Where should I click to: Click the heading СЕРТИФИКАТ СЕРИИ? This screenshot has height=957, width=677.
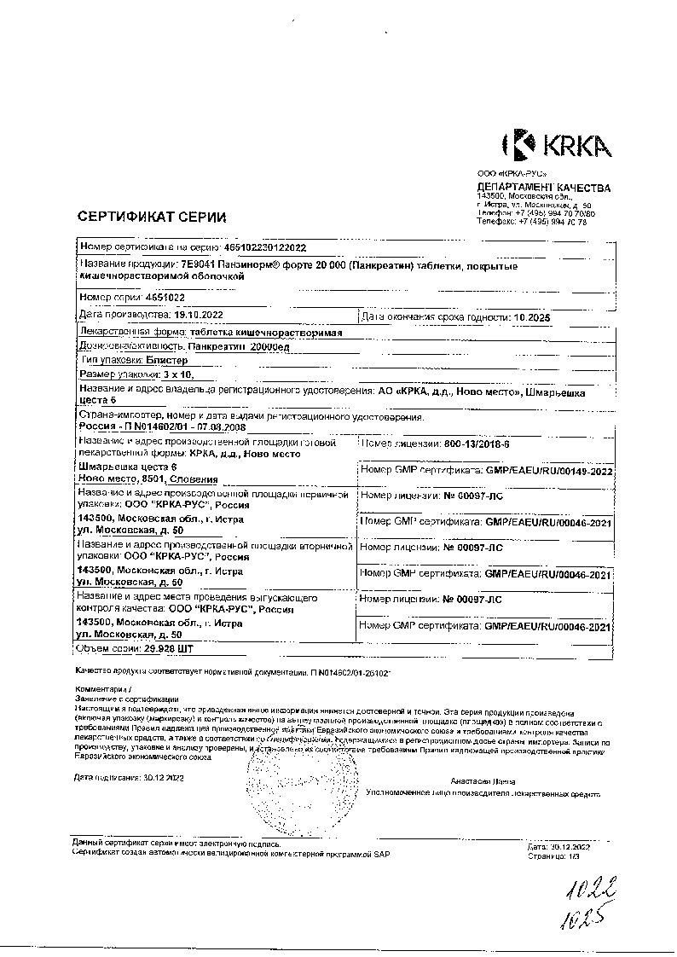pyautogui.click(x=153, y=217)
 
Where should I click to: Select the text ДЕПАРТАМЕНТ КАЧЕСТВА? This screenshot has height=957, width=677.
pyautogui.click(x=543, y=188)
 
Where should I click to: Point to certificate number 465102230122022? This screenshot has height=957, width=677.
pyautogui.click(x=270, y=246)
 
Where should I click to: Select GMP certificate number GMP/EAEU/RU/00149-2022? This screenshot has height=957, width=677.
pyautogui.click(x=549, y=471)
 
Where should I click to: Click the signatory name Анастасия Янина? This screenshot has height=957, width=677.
pyautogui.click(x=483, y=781)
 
